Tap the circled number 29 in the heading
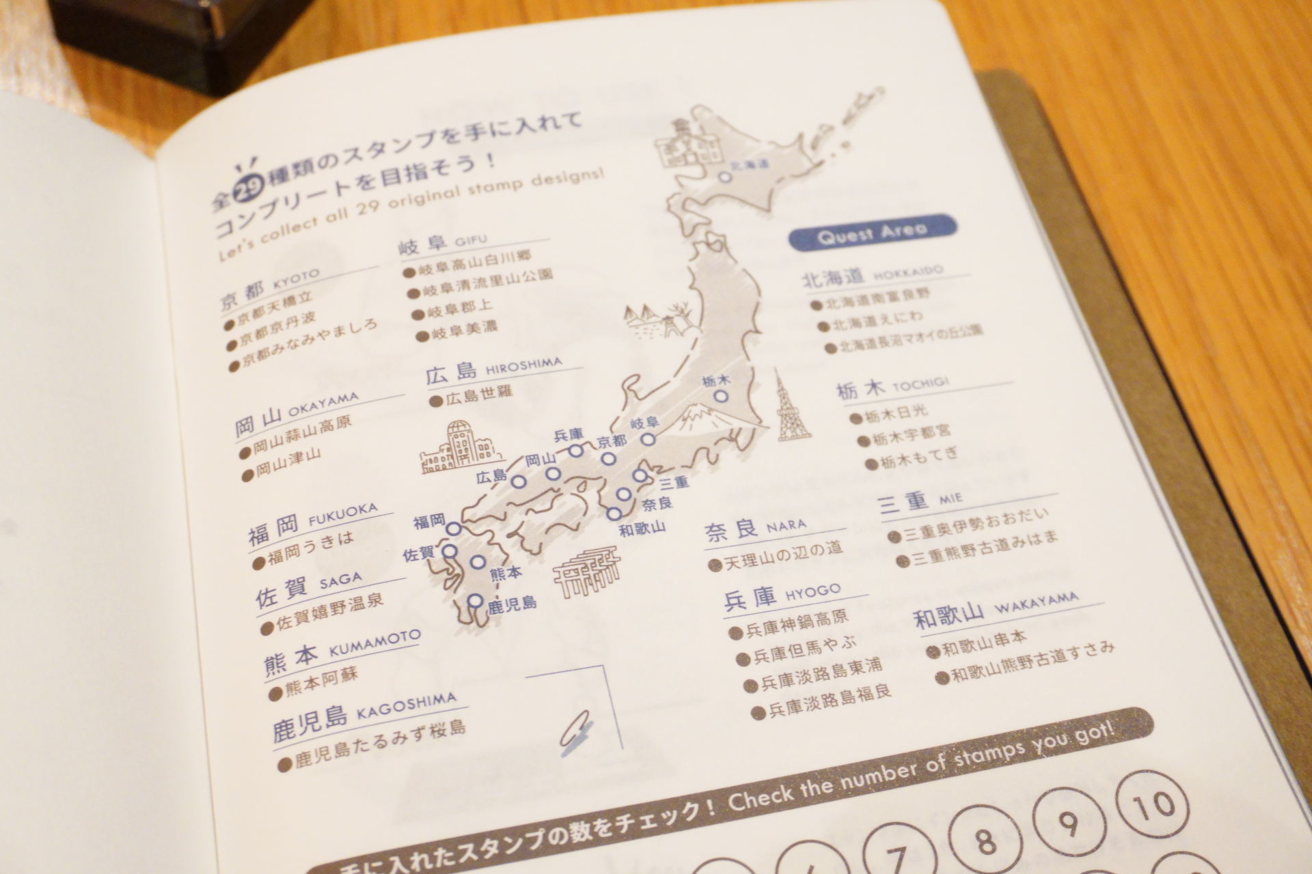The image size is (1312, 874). coord(244,194)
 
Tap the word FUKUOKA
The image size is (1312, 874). coord(342,513)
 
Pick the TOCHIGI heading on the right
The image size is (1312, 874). coord(920,384)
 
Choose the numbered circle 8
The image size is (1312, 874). coord(985,840)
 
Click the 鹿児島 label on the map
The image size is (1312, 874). coord(512,604)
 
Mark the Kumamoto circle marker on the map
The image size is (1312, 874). coord(478,562)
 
